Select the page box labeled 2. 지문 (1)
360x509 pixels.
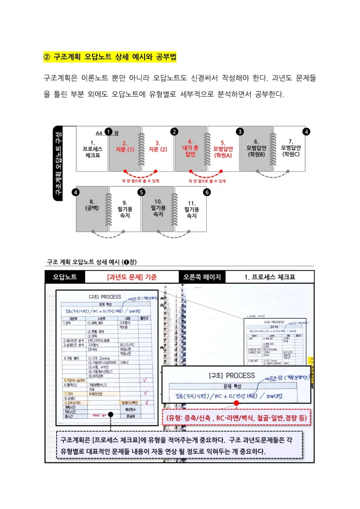pos(125,149)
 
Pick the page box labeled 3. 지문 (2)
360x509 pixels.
pos(158,149)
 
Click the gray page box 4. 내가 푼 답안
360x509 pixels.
pos(190,149)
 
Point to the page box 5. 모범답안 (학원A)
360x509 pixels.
pos(223,149)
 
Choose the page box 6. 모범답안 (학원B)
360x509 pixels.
pos(256,149)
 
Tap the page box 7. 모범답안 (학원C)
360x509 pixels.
pos(290,149)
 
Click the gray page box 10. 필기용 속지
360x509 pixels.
pos(158,208)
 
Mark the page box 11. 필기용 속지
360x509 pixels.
pos(191,208)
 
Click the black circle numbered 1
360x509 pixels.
pos(108,131)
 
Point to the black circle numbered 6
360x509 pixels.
pos(207,192)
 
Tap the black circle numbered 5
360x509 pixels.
pos(141,192)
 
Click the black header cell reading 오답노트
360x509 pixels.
pos(65,277)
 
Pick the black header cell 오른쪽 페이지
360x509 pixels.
pos(202,277)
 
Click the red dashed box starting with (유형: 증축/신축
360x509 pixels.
pos(236,417)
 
